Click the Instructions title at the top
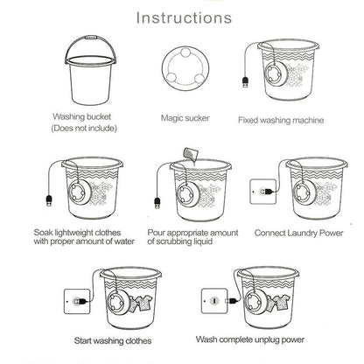pyautogui.click(x=182, y=17)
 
